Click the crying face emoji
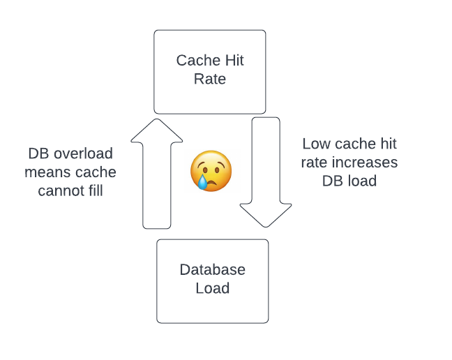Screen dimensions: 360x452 211,171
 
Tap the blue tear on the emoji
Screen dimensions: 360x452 202,182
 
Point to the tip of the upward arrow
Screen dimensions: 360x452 157,120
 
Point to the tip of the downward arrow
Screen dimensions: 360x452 266,226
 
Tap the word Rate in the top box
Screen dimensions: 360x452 210,79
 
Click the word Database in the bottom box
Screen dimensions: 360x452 213,269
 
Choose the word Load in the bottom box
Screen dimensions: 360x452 213,288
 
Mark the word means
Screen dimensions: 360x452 46,172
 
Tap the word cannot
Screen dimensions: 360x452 61,190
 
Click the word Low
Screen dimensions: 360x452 316,144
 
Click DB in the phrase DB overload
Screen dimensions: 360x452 39,153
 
